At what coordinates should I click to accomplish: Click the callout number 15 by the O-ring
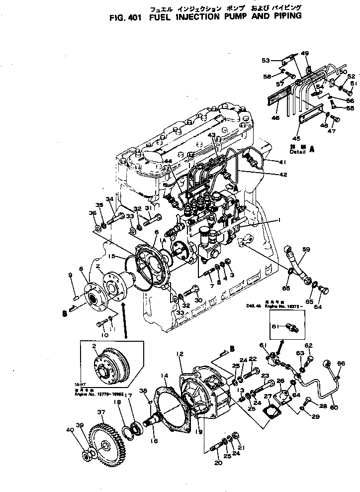point(112,257)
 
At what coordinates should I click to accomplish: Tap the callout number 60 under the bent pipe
point(334,408)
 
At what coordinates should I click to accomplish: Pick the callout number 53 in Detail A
point(266,60)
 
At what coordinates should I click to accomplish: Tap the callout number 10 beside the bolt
point(104,335)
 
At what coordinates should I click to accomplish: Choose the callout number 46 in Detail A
point(275,118)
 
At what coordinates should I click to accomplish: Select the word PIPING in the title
point(284,16)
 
